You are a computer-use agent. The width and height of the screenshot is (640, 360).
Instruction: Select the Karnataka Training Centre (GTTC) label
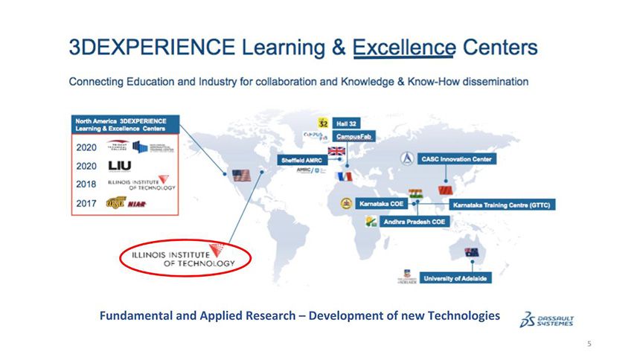tap(503, 205)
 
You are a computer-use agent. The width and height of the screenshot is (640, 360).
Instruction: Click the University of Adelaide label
tap(455, 278)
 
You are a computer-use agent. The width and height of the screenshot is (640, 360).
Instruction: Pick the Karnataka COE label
tap(379, 203)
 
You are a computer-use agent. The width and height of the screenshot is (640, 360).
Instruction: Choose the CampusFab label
tap(353, 136)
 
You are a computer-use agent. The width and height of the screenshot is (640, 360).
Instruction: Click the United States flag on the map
tap(240, 176)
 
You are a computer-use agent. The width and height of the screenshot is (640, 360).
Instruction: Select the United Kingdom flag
tap(337, 151)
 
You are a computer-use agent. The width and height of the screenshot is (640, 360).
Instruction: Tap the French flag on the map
tap(343, 176)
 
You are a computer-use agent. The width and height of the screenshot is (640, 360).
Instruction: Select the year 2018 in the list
tap(86, 183)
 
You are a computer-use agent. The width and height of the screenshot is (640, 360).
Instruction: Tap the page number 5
tap(589, 344)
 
